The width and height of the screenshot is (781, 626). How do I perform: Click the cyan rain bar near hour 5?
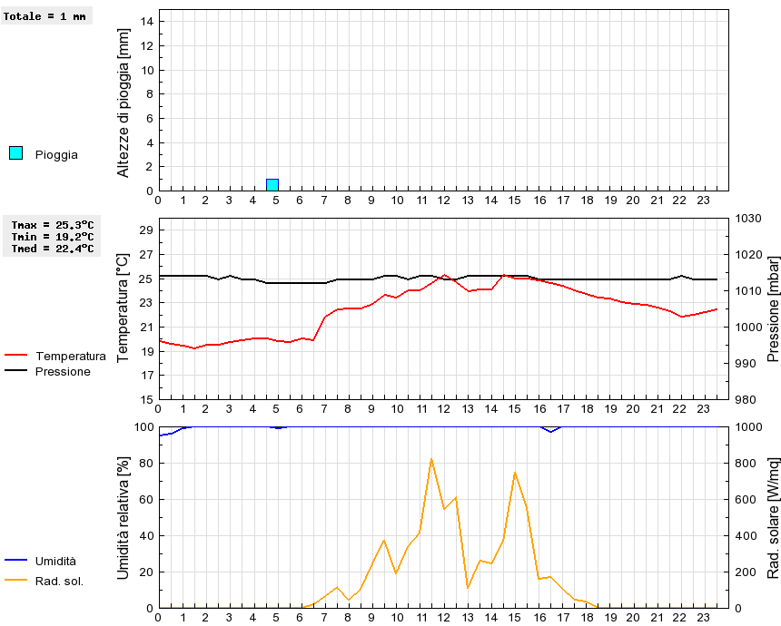point(272,185)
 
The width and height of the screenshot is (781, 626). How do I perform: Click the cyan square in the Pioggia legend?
point(15,153)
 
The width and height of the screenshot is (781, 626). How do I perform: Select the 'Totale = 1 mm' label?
point(47,16)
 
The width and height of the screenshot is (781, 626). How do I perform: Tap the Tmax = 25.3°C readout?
point(53,225)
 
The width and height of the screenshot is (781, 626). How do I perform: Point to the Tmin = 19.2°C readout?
point(53,237)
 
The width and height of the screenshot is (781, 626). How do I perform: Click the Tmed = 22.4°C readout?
point(53,249)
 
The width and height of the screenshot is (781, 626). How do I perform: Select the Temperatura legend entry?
point(70,357)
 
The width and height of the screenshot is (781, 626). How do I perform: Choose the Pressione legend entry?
point(63,371)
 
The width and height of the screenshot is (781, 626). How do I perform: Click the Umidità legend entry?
point(55,562)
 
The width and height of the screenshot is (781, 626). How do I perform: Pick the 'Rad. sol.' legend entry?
point(59,582)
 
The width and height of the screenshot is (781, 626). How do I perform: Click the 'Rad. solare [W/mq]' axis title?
point(774,517)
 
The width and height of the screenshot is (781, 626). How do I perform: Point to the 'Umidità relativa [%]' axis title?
point(124,517)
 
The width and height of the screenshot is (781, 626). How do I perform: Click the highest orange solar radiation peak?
point(431,459)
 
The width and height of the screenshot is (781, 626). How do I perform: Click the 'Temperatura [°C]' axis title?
point(124,308)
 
